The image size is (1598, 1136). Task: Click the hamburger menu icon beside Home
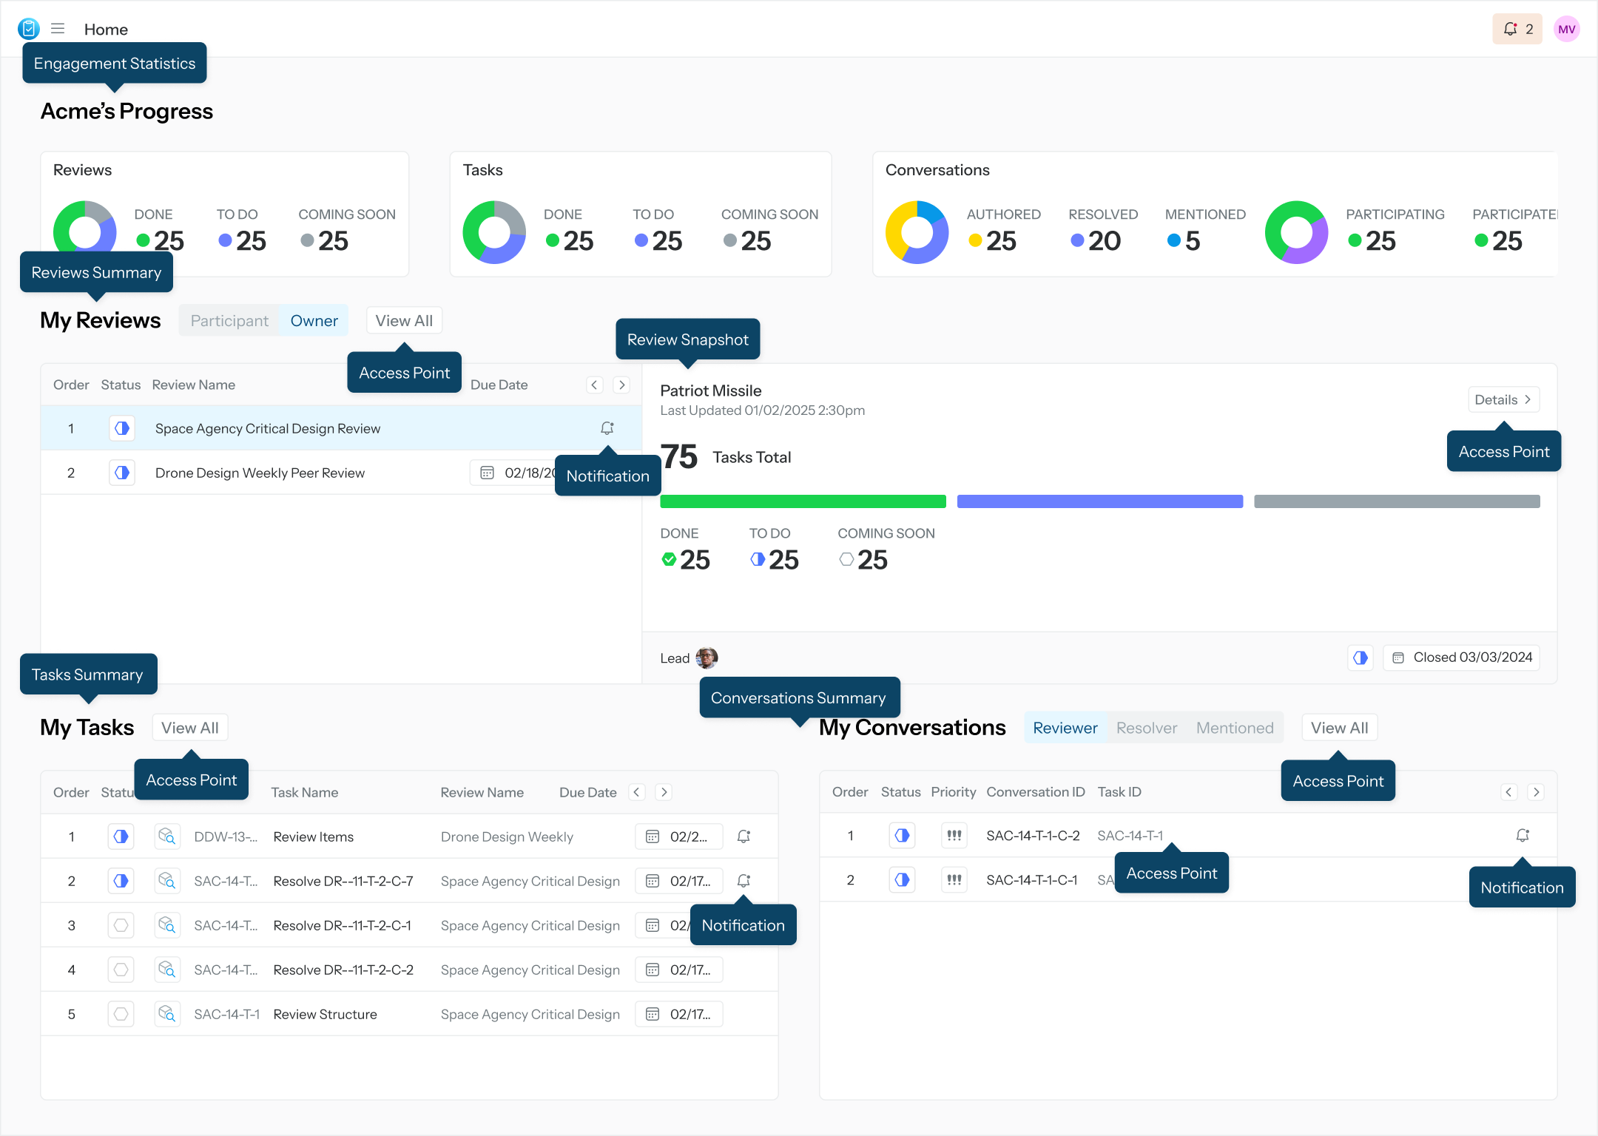[x=58, y=29]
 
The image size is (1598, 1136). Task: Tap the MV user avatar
[x=1566, y=30]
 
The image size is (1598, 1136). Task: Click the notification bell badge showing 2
[x=1517, y=30]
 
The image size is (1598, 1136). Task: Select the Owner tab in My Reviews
[x=314, y=321]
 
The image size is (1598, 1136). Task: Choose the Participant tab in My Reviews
[x=229, y=321]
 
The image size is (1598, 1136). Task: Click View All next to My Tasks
[x=190, y=728]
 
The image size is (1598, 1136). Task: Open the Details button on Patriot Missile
[x=1503, y=400]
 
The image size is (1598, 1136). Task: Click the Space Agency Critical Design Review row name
[x=268, y=429]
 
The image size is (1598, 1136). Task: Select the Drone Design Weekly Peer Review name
[x=260, y=473]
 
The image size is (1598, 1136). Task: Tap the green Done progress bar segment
[x=803, y=501]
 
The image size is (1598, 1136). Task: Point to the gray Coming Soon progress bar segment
[x=1397, y=501]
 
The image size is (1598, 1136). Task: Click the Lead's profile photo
[x=707, y=657]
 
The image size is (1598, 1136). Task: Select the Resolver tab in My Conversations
[x=1146, y=728]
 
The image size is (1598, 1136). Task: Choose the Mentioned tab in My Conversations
[x=1235, y=728]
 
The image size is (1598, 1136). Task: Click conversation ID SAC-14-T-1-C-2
[x=1033, y=836]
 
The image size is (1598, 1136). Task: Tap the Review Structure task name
[x=325, y=1015]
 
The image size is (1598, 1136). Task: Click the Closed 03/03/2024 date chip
[x=1462, y=657]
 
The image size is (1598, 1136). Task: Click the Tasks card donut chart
[x=494, y=232]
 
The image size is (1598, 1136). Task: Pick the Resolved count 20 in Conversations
[x=1104, y=241]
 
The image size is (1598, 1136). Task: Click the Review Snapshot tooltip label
[x=687, y=339]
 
